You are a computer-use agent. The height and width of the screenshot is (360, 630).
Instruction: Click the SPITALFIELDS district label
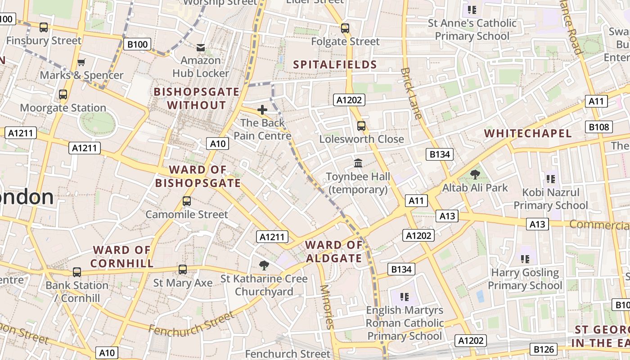tap(335, 64)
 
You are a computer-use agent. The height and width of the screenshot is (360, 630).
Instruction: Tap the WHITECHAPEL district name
tap(528, 133)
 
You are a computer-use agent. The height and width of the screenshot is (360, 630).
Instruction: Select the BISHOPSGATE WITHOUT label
tap(196, 99)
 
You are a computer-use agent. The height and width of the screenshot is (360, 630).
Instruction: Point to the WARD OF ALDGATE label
tap(334, 252)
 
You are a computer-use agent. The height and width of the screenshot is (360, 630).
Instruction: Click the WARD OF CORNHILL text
tap(121, 256)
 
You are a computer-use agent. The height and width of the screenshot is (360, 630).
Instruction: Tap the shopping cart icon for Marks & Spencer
tap(81, 62)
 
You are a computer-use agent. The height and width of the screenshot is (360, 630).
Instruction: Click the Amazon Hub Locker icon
tap(201, 47)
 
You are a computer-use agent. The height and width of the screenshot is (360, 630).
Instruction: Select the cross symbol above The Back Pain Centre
tap(262, 109)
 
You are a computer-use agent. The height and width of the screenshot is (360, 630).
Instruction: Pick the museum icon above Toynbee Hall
tap(358, 163)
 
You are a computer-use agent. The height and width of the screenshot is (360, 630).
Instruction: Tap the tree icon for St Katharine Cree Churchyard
tap(264, 265)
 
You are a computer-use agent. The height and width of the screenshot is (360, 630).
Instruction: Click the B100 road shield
tap(137, 44)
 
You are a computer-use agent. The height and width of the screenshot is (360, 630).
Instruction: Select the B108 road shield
tap(599, 127)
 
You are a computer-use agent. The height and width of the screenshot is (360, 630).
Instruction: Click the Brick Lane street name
tap(411, 93)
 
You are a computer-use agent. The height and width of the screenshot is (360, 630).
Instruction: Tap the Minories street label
tap(327, 306)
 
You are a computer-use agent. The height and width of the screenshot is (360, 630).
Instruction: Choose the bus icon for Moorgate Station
tap(63, 94)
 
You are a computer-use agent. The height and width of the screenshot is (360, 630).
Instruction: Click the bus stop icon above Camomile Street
tap(187, 201)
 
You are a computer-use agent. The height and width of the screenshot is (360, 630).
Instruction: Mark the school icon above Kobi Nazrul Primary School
tap(550, 179)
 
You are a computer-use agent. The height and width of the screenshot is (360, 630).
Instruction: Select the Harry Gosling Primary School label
tap(525, 279)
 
